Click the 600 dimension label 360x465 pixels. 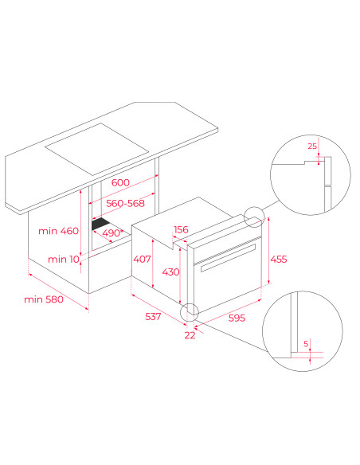(120, 182)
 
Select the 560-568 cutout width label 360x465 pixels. (125, 204)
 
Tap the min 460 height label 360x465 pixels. (58, 231)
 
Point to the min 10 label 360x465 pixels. (64, 260)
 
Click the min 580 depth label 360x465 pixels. (44, 299)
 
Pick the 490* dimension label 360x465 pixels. (112, 233)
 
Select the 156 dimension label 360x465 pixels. (181, 229)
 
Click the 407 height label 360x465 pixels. (142, 260)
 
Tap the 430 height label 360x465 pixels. (170, 272)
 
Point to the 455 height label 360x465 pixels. (279, 260)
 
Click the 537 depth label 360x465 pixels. (153, 316)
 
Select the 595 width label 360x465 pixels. (237, 318)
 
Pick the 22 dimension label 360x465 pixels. (190, 335)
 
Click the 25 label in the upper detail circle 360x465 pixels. (312, 147)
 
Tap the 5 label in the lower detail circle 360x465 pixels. (306, 344)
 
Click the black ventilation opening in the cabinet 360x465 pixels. (100, 224)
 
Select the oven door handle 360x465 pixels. (228, 257)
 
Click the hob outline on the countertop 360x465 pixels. (96, 149)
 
